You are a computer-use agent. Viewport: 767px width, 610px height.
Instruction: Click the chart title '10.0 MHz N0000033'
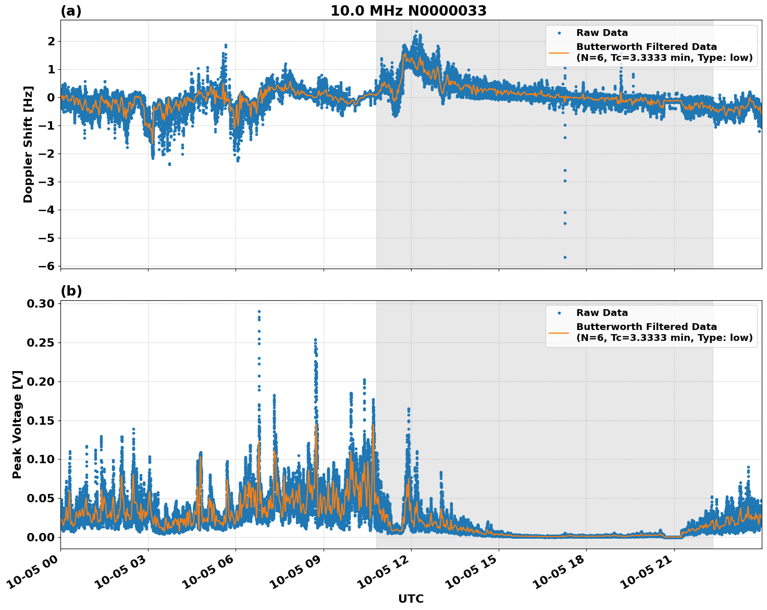click(x=408, y=11)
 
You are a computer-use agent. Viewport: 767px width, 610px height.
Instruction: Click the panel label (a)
click(x=71, y=11)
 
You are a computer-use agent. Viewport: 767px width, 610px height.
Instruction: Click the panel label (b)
click(x=71, y=291)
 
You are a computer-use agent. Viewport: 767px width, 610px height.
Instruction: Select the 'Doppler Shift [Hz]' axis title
click(x=28, y=144)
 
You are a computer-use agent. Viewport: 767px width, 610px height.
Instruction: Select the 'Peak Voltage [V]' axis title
click(x=17, y=424)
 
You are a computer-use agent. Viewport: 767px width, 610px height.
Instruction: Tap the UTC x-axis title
click(x=411, y=599)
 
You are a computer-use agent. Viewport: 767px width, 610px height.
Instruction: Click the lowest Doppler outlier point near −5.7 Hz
click(x=564, y=257)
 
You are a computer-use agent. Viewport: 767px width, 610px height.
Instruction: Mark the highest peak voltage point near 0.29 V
click(x=259, y=311)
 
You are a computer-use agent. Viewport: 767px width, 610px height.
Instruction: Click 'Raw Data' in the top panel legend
click(x=602, y=33)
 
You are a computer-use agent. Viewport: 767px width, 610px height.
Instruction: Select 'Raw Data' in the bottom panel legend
click(x=602, y=313)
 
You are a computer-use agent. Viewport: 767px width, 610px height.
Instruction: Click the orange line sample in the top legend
click(x=559, y=52)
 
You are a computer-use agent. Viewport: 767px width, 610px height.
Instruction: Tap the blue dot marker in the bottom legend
click(x=559, y=313)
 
